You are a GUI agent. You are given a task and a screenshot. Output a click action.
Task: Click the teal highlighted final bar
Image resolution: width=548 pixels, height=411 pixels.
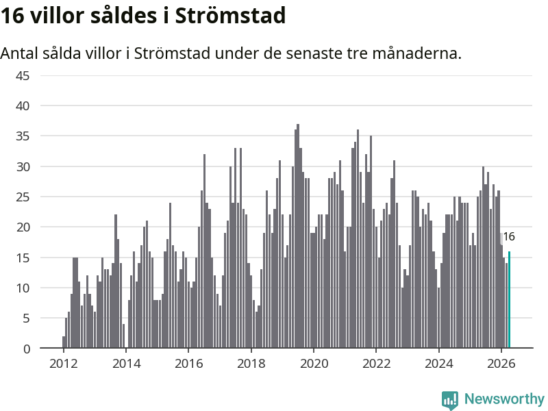tap(509, 299)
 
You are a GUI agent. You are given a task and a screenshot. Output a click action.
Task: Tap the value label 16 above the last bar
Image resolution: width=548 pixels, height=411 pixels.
tap(509, 236)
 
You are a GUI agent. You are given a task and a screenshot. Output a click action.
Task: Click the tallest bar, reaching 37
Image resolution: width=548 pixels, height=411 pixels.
tap(298, 236)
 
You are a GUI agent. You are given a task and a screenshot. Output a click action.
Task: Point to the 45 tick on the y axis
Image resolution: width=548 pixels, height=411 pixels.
tap(23, 76)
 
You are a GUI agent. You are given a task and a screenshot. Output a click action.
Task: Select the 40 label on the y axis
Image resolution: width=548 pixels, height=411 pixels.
tap(23, 106)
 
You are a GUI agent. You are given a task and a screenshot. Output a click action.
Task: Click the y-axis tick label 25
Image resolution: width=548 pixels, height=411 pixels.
tap(23, 197)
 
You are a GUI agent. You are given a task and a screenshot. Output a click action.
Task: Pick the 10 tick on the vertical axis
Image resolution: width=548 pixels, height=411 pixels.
tap(23, 288)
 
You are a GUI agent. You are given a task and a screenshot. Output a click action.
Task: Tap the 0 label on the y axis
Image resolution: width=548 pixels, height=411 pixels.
tap(27, 349)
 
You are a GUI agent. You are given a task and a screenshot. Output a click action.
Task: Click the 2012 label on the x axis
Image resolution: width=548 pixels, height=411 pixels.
tap(63, 364)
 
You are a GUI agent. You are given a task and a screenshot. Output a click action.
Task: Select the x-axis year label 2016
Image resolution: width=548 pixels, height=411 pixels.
tap(189, 364)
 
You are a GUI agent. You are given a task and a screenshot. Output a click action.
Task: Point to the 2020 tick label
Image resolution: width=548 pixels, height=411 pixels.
tap(314, 364)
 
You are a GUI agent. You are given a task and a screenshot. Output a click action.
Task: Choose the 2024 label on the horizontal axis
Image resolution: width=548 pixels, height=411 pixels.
tap(438, 364)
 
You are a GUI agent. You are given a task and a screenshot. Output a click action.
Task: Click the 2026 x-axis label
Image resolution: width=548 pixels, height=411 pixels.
tap(501, 364)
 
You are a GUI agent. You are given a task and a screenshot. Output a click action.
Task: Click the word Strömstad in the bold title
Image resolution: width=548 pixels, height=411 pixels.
tap(230, 16)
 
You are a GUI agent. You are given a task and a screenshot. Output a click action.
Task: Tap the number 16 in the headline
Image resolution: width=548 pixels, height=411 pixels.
tap(12, 16)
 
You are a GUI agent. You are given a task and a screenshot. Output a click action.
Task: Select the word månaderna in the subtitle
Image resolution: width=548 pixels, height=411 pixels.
tap(417, 53)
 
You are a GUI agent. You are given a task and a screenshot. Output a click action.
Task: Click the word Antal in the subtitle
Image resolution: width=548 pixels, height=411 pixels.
tap(19, 53)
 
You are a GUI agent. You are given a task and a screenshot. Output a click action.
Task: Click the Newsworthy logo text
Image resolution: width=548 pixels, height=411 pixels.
tap(504, 399)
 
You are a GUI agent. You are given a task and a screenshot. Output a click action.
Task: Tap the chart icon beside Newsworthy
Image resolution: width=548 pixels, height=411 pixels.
tap(450, 399)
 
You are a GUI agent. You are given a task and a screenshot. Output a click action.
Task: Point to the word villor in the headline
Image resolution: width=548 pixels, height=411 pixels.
tap(58, 16)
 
